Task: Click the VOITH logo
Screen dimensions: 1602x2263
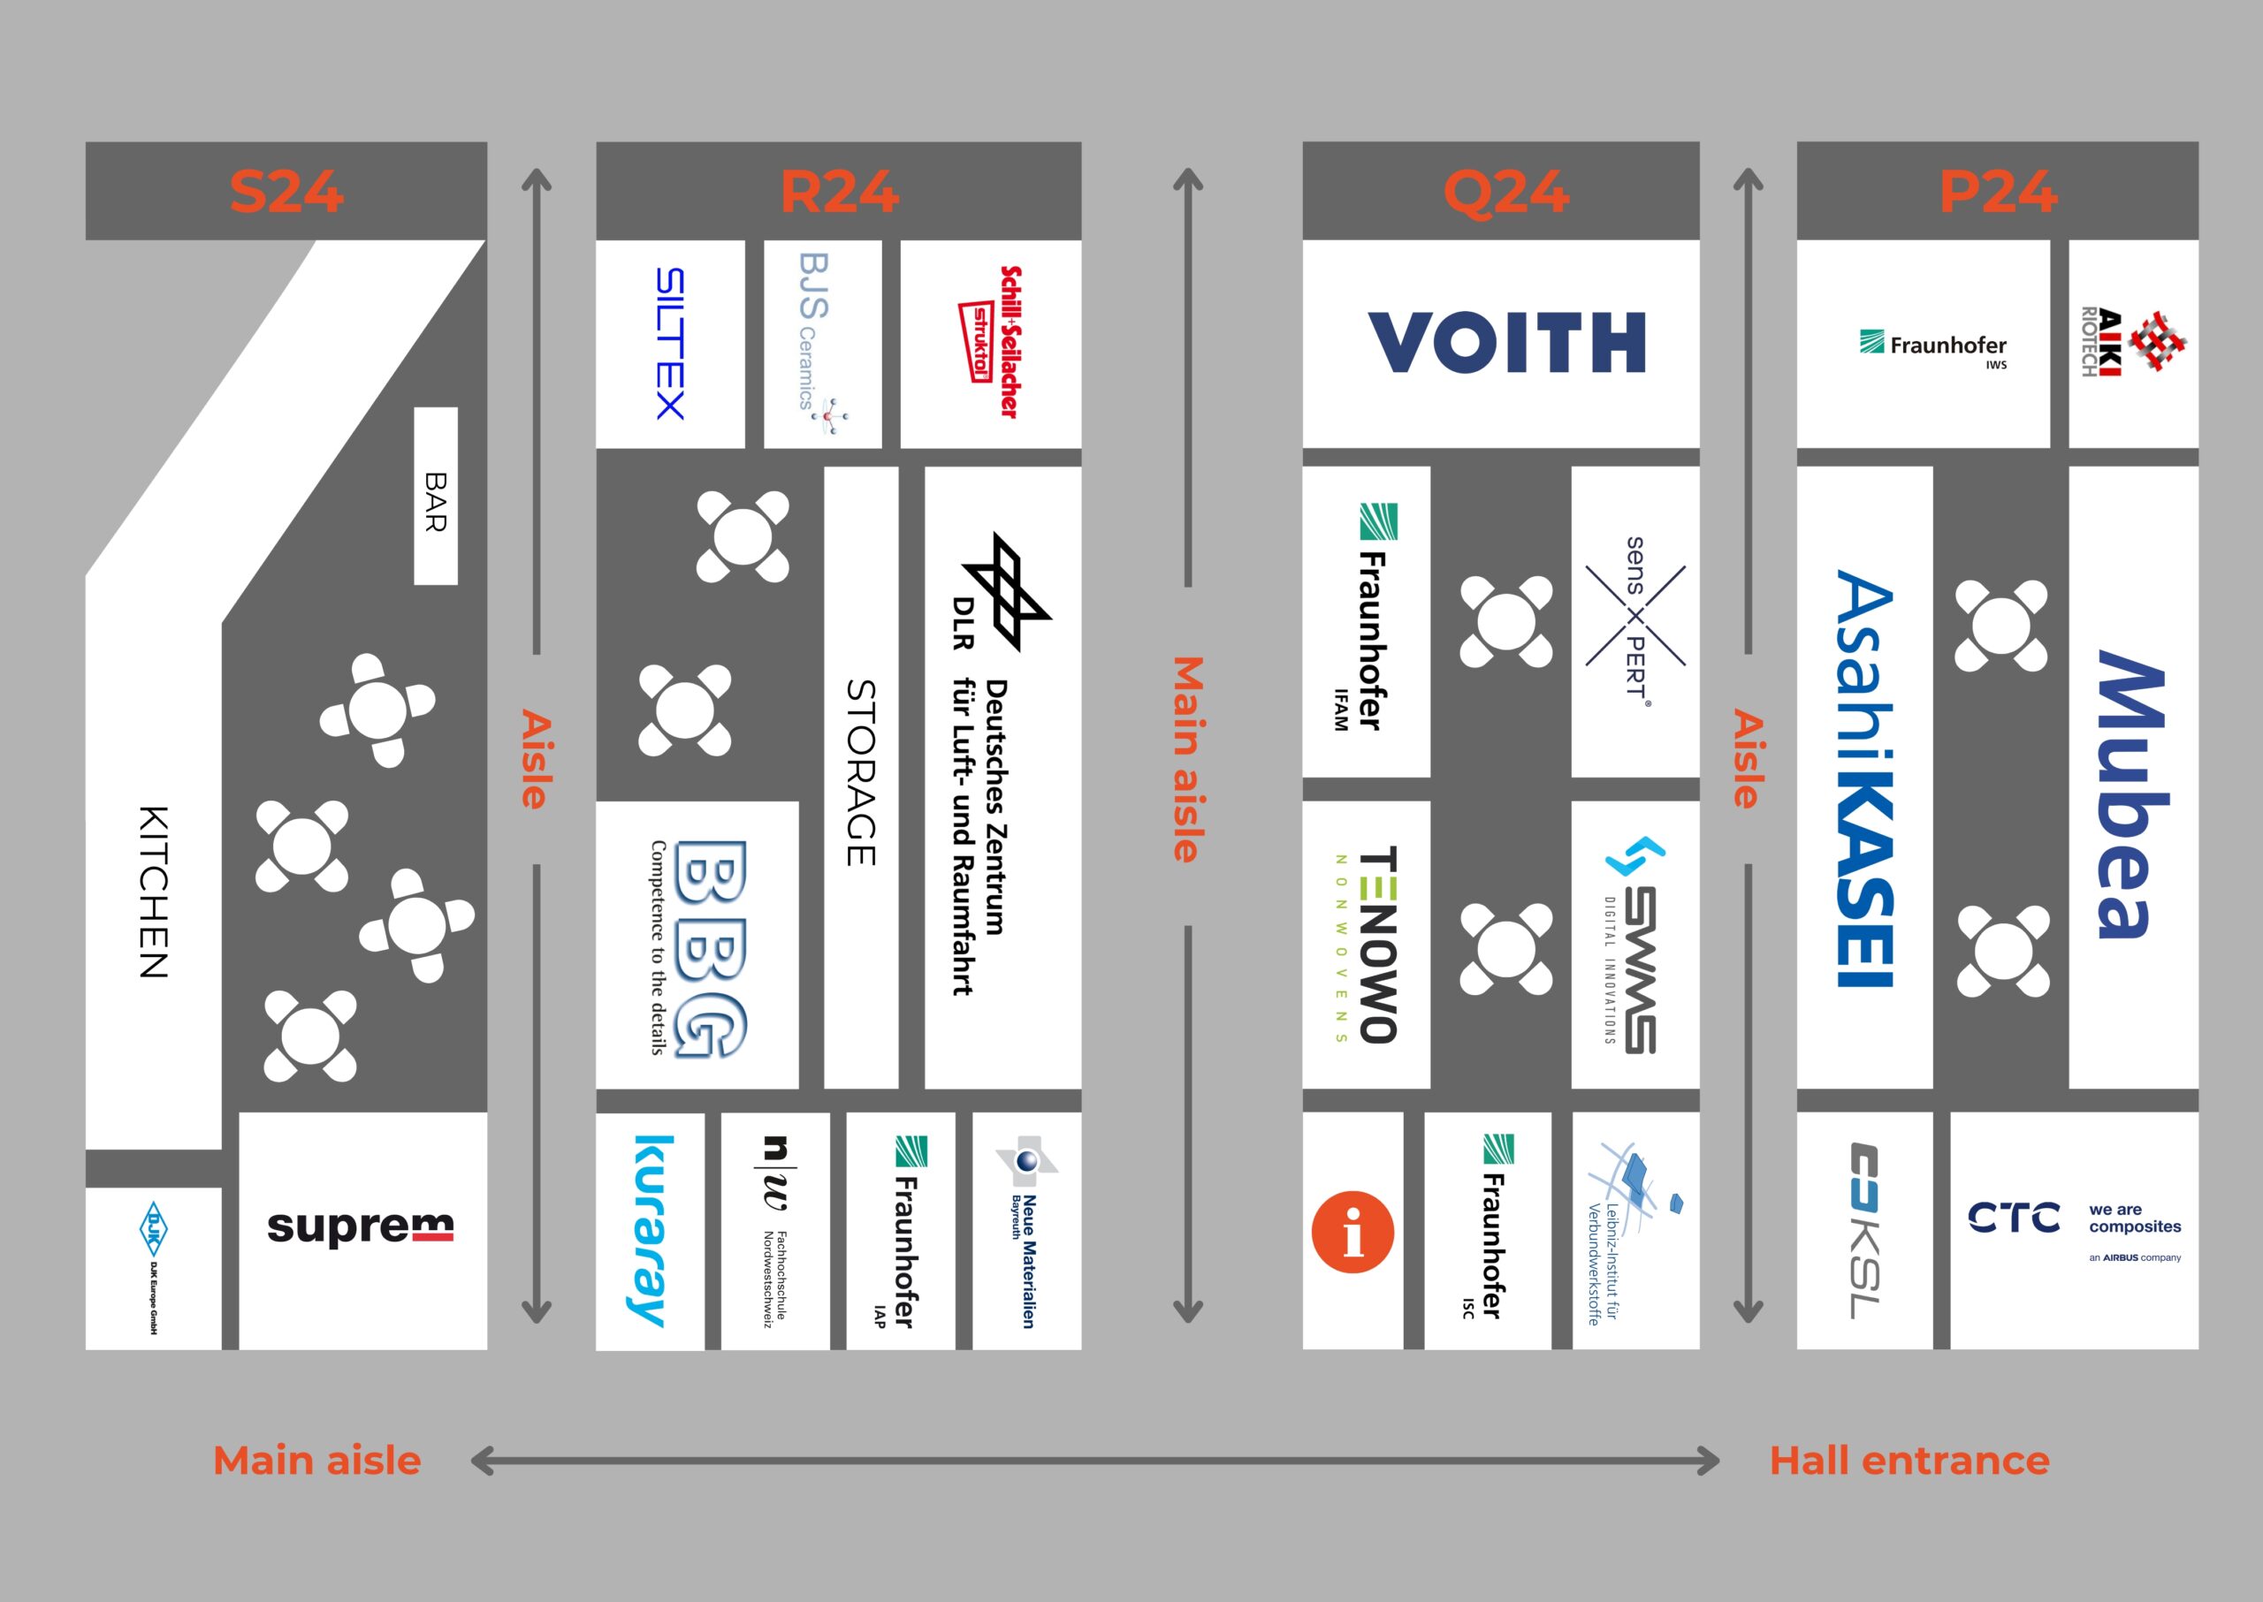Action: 1506,342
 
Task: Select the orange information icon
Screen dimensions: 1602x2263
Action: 1352,1232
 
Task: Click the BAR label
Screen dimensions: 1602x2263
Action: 435,501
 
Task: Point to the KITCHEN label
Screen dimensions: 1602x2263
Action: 153,892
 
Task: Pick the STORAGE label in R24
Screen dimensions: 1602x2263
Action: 861,772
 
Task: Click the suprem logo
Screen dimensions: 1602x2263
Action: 361,1227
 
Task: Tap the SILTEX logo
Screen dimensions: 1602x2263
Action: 670,343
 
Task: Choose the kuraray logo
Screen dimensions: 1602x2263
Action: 651,1230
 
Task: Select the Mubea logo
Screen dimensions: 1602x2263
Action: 2132,793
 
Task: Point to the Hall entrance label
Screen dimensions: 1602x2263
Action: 1909,1461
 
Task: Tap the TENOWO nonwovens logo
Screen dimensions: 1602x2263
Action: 1367,944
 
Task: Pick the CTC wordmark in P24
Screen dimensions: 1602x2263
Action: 2014,1219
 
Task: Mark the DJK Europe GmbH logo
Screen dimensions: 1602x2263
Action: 153,1266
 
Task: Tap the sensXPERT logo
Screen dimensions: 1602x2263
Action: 1635,618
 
